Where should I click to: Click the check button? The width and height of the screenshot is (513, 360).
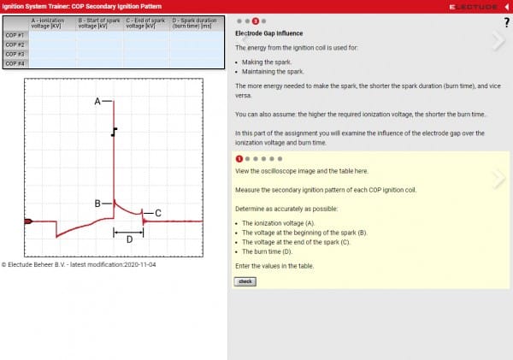(x=245, y=280)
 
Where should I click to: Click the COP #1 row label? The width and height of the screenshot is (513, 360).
(x=15, y=35)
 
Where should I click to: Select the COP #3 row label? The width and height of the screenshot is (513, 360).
(x=15, y=54)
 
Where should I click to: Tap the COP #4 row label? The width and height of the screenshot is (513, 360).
(x=15, y=63)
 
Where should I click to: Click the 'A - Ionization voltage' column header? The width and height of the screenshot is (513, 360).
(x=51, y=23)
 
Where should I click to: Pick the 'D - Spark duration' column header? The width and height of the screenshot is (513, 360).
(x=194, y=23)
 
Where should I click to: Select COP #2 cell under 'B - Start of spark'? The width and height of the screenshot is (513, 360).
(x=99, y=44)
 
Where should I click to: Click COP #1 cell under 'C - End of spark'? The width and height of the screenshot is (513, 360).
(x=146, y=35)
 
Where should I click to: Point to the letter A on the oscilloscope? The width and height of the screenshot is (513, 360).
(x=97, y=101)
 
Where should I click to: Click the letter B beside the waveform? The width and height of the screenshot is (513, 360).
(x=97, y=204)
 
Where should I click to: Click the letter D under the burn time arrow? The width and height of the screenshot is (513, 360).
(x=129, y=240)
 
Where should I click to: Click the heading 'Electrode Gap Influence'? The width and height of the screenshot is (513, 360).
(x=268, y=33)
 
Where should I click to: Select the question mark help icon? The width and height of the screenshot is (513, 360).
(x=506, y=21)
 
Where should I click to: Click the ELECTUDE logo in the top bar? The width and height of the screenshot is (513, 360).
(x=473, y=6)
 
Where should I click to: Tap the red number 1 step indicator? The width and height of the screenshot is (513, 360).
(x=239, y=158)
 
